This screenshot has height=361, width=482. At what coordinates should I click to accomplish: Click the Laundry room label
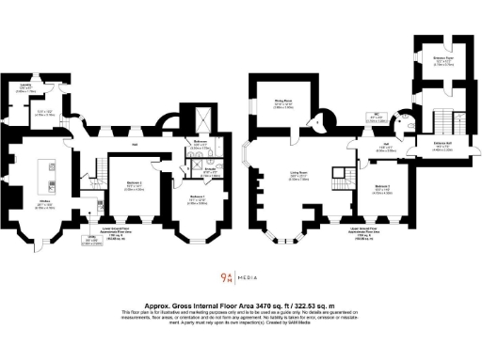coord(27,86)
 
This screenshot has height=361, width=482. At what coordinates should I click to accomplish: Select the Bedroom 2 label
coord(134,184)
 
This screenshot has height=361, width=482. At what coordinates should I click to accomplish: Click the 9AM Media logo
coord(240,277)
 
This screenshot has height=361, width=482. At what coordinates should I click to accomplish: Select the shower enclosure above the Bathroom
coord(201,120)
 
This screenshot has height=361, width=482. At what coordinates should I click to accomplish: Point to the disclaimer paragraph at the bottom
coord(241,317)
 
